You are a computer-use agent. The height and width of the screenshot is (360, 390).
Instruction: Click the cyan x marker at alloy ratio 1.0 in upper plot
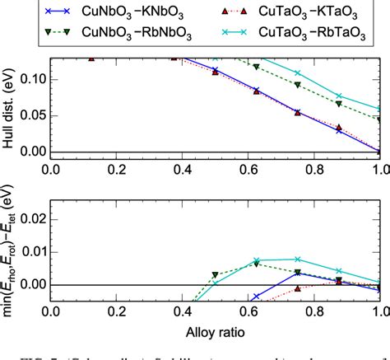380,108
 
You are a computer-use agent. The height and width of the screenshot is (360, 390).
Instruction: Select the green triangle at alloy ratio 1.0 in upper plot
380,119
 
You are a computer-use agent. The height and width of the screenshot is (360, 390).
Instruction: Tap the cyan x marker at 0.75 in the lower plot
298,259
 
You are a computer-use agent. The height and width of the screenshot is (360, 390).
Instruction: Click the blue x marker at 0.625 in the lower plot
257,296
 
